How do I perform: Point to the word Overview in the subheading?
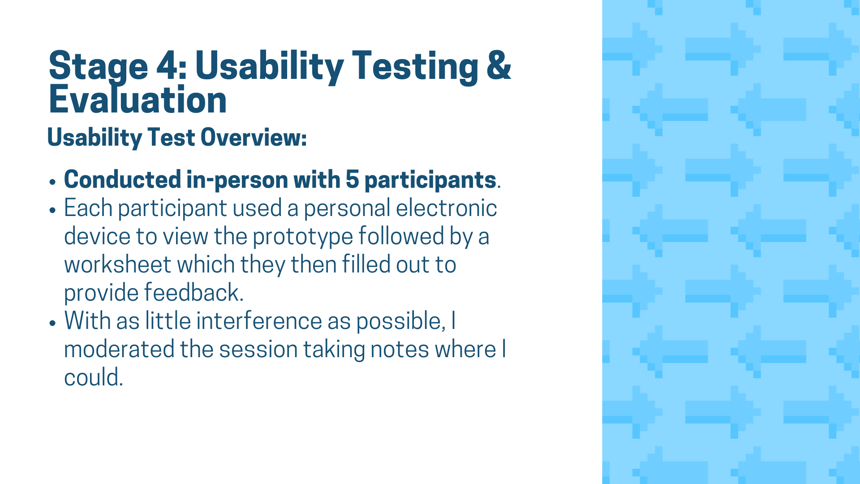pos(254,137)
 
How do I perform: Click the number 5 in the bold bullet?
pos(353,180)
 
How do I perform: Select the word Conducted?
pos(123,179)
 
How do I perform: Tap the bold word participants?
pos(430,181)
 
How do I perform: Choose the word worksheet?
pos(118,264)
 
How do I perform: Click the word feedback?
pos(194,292)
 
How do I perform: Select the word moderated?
pos(119,349)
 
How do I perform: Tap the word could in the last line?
pos(93,377)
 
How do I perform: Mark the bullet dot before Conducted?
pos(53,182)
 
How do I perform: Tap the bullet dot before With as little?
pos(53,324)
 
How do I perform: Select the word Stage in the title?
pos(98,68)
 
